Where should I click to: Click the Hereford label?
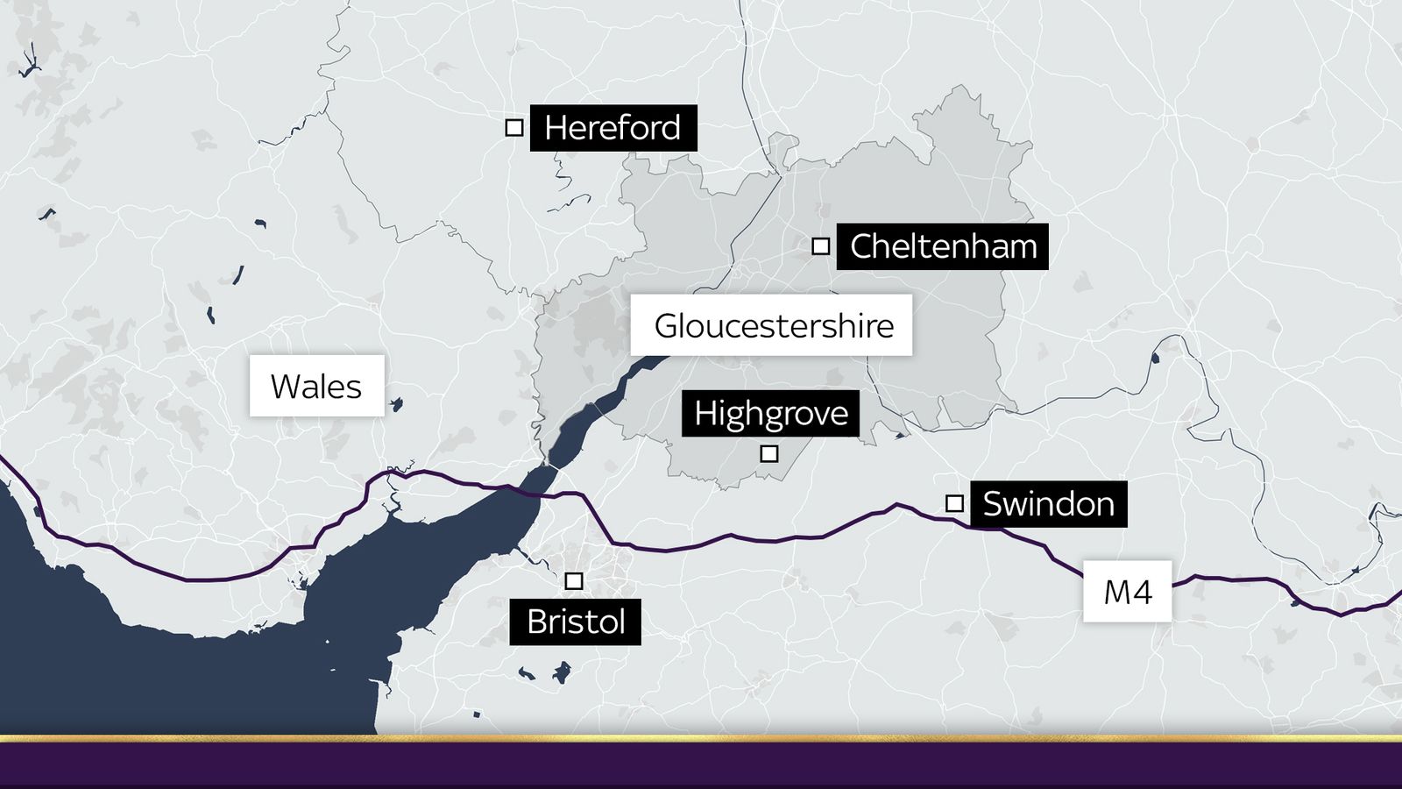coord(612,128)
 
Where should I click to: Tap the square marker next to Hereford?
coord(514,128)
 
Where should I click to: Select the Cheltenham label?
coord(942,246)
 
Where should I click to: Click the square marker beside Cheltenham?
coord(820,246)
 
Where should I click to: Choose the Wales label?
coord(316,386)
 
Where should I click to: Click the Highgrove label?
coord(770,413)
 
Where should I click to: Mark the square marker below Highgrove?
coord(768,453)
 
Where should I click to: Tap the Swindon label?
coord(1048,503)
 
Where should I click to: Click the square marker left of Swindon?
coord(954,503)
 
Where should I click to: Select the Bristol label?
coord(575,622)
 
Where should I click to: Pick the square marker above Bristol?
coord(574,581)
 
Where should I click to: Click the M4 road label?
coord(1127,592)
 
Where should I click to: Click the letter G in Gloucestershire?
coord(668,326)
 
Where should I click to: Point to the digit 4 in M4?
coord(1141,592)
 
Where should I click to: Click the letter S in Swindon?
coord(994,504)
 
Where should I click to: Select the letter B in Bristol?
coord(537,622)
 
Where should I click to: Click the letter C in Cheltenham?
coord(863,246)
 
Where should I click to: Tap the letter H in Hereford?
coord(556,128)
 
